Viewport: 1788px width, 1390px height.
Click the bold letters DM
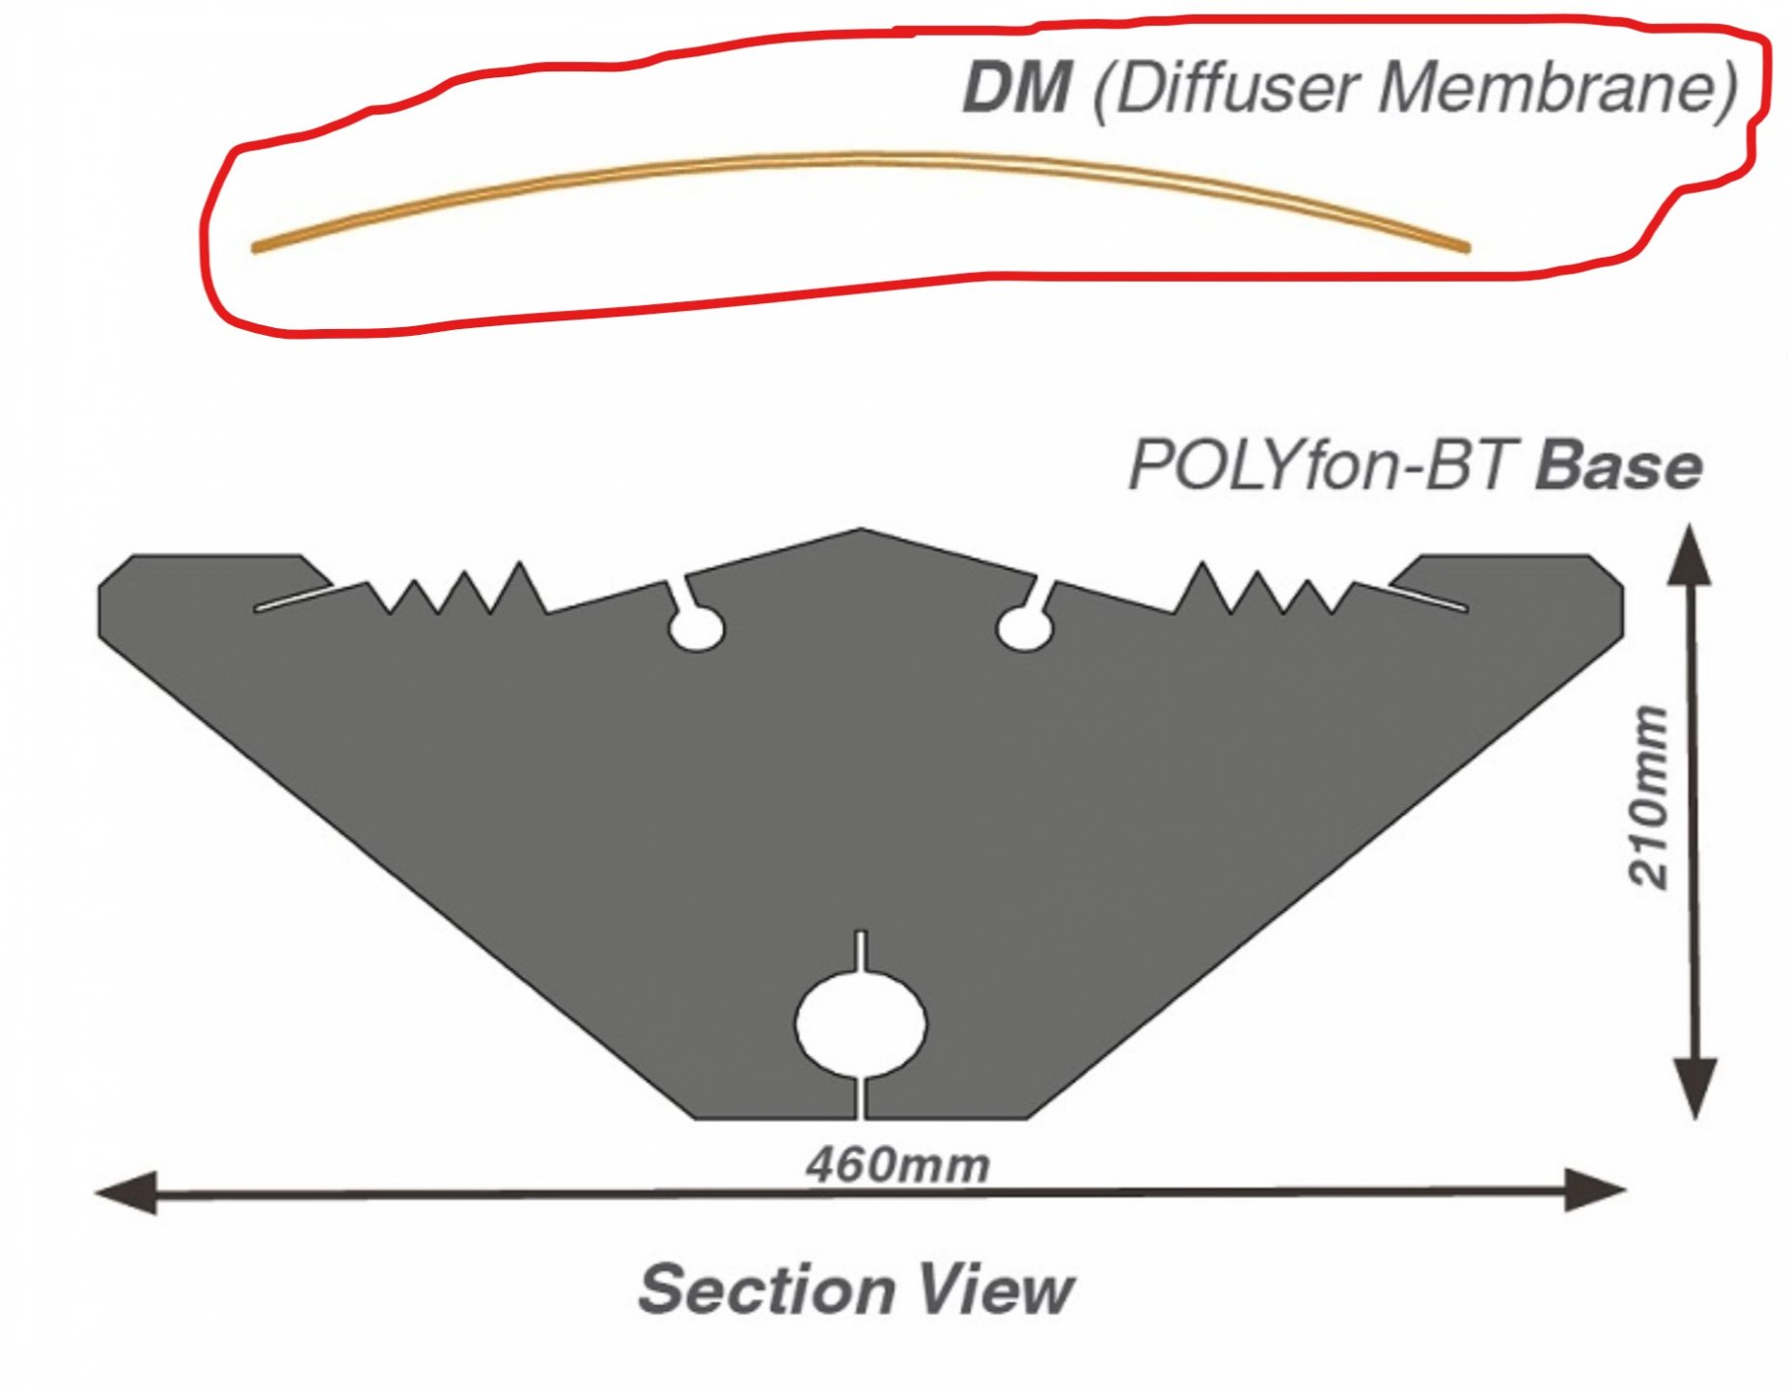click(x=1016, y=89)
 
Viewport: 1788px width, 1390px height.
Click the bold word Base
click(x=1618, y=466)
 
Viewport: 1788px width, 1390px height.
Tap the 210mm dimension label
click(x=1648, y=796)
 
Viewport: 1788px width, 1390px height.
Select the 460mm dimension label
click(x=897, y=1165)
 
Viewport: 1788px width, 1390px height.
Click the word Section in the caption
click(x=764, y=1289)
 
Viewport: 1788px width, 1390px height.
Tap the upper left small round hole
click(x=697, y=629)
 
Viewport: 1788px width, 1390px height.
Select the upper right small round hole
click(x=1024, y=629)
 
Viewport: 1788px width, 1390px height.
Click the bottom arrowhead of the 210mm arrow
click(x=1693, y=1089)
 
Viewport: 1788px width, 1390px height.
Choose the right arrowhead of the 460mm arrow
click(x=1596, y=1191)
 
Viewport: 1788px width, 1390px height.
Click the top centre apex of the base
click(x=861, y=531)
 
